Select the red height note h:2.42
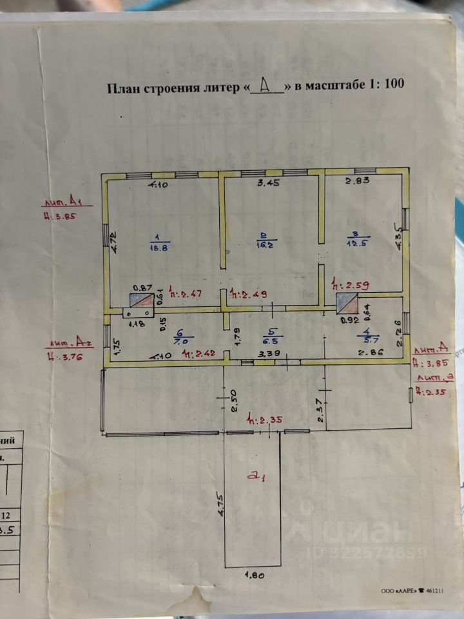coord(198,354)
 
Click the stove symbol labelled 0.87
coord(139,300)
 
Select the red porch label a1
coord(258,477)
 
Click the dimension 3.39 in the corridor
coord(268,355)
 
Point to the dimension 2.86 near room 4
coord(371,353)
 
